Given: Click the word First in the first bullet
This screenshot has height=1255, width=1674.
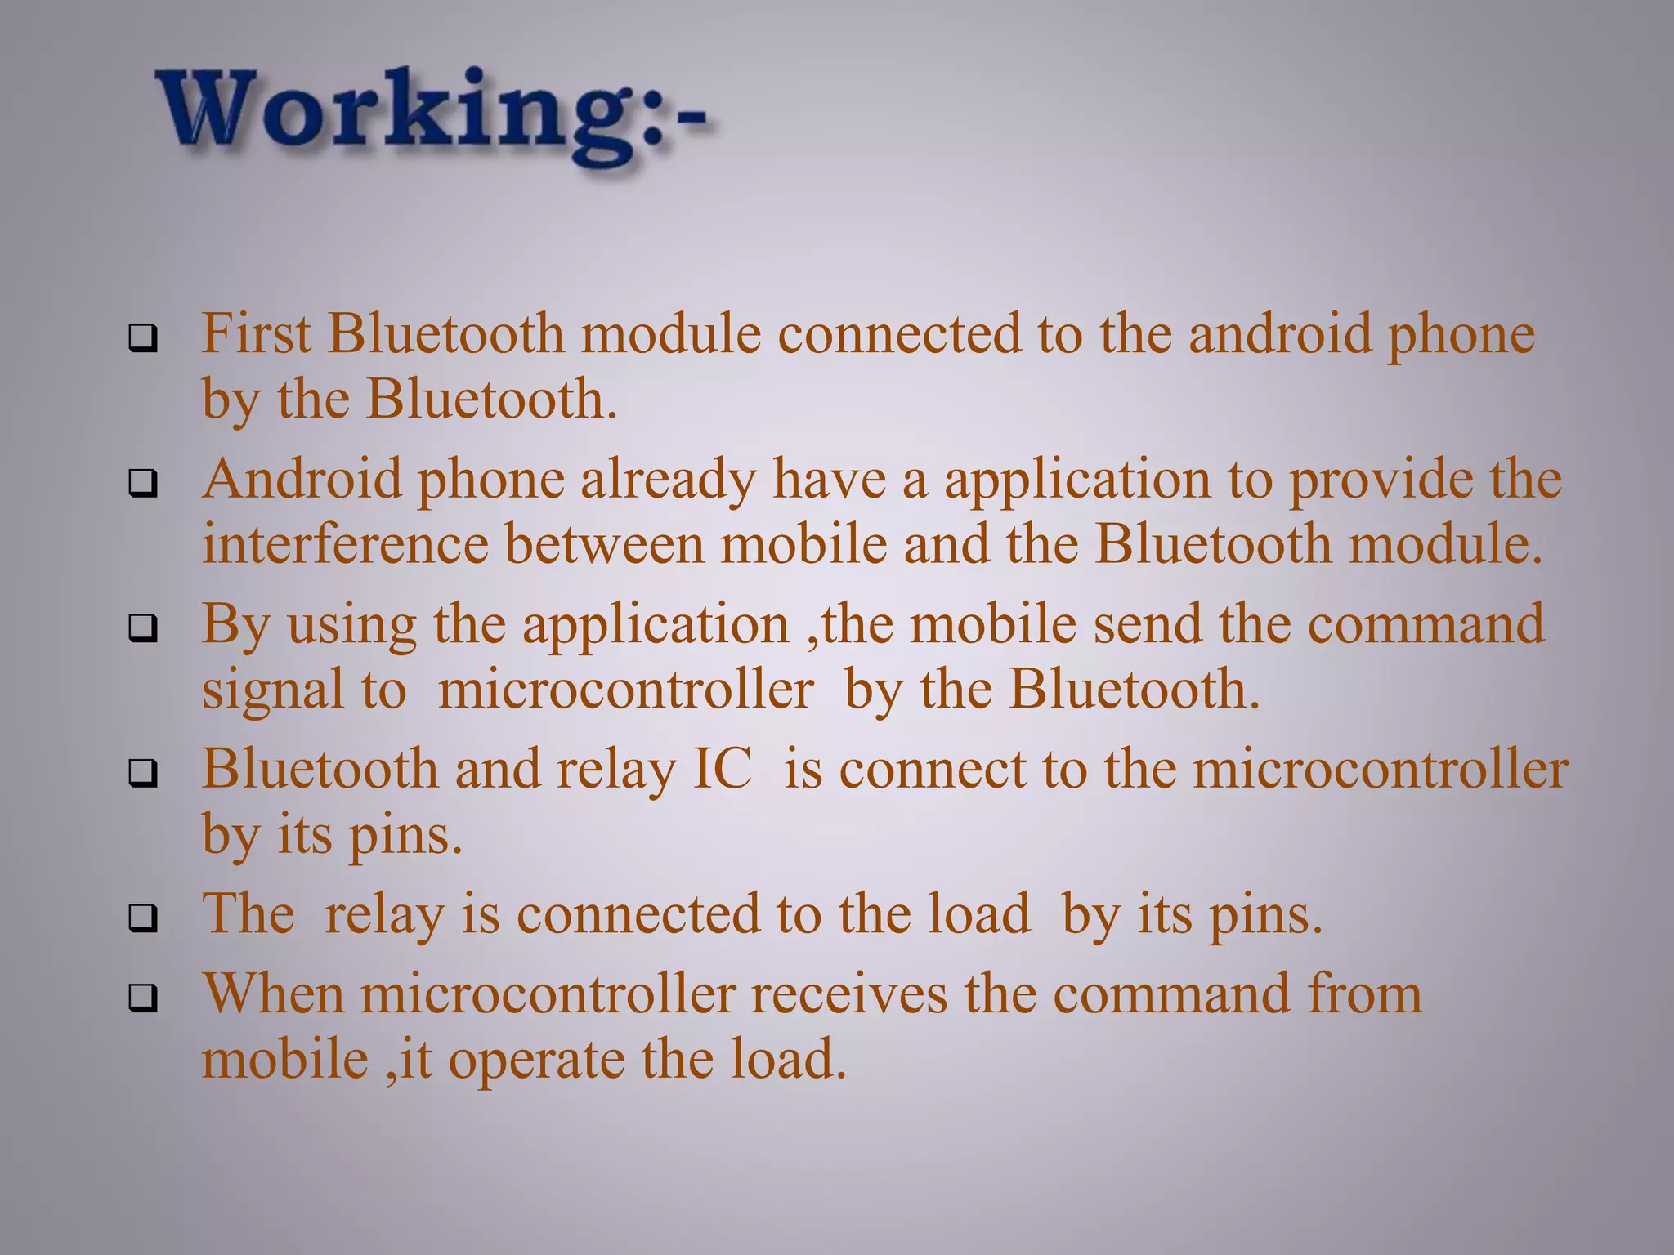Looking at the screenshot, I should pos(256,334).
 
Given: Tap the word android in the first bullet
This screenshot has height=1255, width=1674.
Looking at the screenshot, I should pos(1279,334).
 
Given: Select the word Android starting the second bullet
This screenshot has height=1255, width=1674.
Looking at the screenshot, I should pos(302,479).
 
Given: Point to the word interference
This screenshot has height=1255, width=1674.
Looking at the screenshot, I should pos(345,544).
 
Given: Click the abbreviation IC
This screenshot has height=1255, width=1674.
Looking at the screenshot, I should pos(722,770).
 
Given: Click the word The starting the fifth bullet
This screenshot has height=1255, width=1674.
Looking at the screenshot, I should pos(248,913).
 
